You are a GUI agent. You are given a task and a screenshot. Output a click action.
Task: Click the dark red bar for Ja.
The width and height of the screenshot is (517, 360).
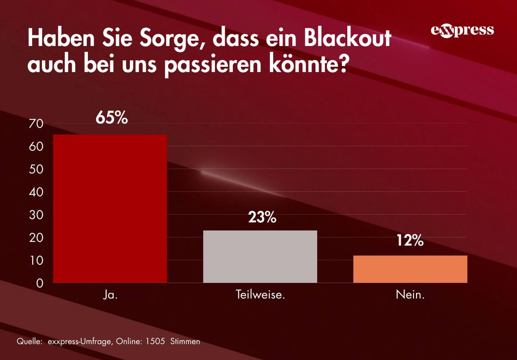coord(110,209)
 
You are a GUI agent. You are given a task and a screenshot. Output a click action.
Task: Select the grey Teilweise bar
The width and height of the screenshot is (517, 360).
coord(260,257)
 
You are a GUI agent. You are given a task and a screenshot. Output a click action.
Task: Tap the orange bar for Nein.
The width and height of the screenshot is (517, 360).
coord(410,269)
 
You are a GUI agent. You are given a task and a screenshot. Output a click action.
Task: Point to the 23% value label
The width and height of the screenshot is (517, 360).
coord(262,217)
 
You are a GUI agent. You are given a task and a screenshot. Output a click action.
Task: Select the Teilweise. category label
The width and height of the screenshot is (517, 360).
coord(260,294)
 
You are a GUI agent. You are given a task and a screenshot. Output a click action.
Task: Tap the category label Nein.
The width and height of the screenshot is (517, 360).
coord(410,294)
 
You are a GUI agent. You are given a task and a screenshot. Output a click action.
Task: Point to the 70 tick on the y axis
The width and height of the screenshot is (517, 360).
coord(36,124)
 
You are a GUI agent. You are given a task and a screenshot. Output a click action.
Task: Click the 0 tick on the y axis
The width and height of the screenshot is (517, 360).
coord(39,283)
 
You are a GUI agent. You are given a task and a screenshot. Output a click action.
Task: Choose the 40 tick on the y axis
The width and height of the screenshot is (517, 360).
coord(36,192)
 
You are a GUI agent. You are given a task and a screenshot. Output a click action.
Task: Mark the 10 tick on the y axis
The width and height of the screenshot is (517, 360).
coord(36,260)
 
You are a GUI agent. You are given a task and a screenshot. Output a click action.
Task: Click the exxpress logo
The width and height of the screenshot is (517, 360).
coord(462,31)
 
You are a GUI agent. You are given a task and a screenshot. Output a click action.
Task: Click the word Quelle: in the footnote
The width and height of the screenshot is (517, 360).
coord(29,341)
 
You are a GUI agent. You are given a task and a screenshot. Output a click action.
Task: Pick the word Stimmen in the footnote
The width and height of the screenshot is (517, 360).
coord(185,341)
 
